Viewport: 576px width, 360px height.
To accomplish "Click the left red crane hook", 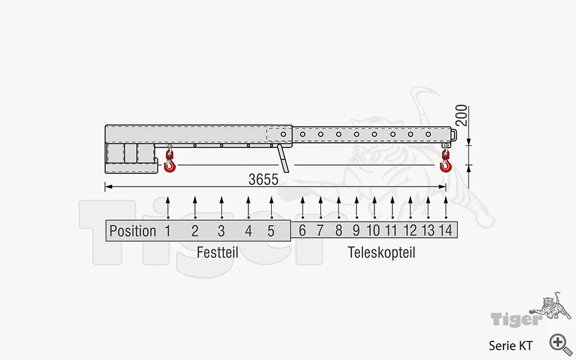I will point(170,162).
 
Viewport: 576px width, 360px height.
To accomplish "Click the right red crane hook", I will point(445,162).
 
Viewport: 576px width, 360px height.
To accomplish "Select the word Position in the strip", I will point(133,231).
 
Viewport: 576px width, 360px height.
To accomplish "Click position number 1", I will point(168,231).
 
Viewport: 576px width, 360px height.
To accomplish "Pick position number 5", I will point(271,231).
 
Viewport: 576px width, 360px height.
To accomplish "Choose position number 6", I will point(302,231).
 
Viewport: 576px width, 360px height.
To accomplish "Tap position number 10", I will point(373,231).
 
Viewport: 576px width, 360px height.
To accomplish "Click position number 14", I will point(445,231).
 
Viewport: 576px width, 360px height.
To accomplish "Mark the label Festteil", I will point(217,253).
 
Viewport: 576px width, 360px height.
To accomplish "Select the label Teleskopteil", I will point(382,253).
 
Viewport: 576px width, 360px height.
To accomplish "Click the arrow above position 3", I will point(221,207).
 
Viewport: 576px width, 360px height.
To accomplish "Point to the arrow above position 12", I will point(410,207).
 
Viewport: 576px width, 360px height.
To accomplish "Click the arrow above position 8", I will point(338,207).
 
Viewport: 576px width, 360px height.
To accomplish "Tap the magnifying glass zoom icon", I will point(560,343).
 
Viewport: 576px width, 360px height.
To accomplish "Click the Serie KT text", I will point(510,345).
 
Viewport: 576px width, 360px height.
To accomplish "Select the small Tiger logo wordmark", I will point(515,319).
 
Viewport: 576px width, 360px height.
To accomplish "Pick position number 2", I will point(195,231).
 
